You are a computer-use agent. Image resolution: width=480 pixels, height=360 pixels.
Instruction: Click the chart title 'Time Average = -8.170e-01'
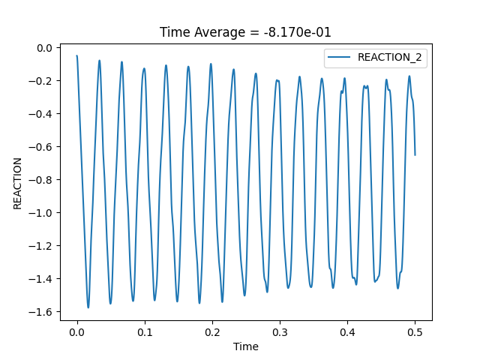coord(246,31)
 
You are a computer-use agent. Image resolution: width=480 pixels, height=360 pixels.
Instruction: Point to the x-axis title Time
coord(246,346)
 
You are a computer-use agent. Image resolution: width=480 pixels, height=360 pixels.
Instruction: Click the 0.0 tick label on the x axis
coord(77,331)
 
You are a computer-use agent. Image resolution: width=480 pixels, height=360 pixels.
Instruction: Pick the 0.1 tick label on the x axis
coord(145,331)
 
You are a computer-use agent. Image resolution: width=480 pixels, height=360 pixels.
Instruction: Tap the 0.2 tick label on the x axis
coord(212,331)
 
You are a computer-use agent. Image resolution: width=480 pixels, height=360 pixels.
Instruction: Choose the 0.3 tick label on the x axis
coord(280,331)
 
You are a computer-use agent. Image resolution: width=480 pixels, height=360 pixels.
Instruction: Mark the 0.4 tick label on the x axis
coord(347,331)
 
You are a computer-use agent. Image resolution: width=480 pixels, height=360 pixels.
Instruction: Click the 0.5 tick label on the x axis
coord(415,331)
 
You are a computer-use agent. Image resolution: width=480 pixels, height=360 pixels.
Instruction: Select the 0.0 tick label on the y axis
coord(45,48)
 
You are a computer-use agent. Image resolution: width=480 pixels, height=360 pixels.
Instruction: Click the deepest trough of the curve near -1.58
coord(88,307)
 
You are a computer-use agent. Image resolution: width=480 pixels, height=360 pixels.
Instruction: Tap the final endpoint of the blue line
coord(415,155)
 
